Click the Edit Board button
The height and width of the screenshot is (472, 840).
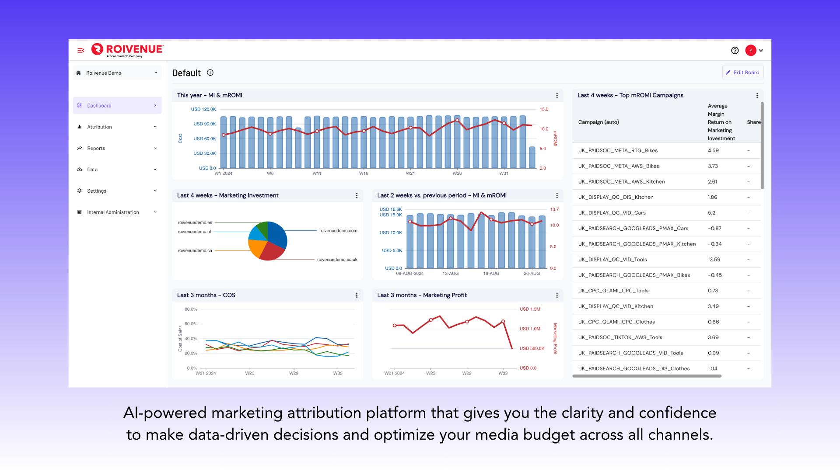point(742,73)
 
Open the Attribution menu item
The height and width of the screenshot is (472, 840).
point(99,127)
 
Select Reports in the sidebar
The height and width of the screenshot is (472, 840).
point(96,149)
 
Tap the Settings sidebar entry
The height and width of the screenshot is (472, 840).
point(96,191)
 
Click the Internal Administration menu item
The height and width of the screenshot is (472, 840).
point(113,212)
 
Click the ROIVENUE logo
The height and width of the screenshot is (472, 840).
point(127,50)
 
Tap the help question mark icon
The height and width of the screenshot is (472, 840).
point(735,51)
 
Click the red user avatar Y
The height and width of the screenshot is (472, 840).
point(751,51)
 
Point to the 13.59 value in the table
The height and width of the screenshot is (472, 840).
point(714,260)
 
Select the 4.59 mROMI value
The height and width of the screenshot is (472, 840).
point(713,151)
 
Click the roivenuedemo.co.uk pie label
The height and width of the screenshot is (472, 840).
point(337,260)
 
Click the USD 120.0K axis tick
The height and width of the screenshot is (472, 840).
point(203,109)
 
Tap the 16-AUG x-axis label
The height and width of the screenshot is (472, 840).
point(491,274)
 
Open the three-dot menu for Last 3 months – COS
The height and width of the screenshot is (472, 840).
point(357,295)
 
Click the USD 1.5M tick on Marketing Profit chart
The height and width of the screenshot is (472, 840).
point(530,309)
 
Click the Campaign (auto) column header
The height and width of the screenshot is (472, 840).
point(598,122)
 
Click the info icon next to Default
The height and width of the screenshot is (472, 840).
point(210,73)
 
